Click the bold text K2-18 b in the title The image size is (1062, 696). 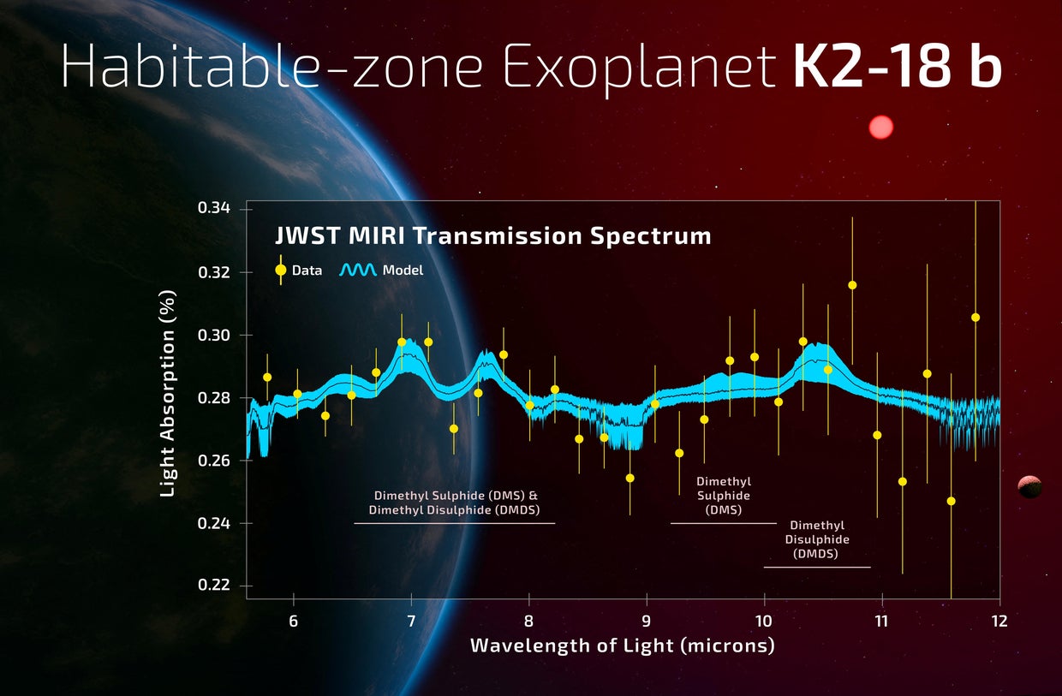click(x=897, y=68)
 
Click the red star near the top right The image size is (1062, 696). click(x=880, y=128)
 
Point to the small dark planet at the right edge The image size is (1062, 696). click(x=1029, y=487)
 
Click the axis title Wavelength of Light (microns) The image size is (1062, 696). click(x=622, y=645)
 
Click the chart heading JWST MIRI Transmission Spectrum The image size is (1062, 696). click(x=492, y=235)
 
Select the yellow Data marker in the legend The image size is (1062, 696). click(x=280, y=270)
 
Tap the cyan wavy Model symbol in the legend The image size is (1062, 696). click(x=357, y=270)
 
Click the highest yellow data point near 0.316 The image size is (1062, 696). click(x=852, y=285)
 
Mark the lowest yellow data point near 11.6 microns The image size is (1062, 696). click(x=951, y=501)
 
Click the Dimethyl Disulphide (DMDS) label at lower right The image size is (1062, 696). click(x=817, y=540)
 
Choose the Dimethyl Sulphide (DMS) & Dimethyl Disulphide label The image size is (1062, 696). click(x=456, y=503)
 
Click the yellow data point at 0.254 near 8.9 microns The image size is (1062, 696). click(x=629, y=478)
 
